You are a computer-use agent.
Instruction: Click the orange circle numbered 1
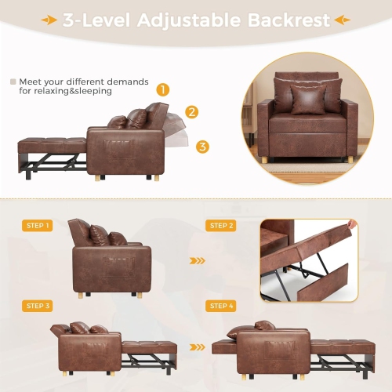tap(163, 89)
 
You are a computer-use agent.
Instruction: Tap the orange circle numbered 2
tap(192, 112)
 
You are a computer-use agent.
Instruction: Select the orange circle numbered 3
tap(202, 147)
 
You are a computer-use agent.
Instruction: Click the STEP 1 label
tap(38, 226)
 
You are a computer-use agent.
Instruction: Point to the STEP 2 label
tap(221, 226)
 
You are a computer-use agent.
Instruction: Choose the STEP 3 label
tap(38, 306)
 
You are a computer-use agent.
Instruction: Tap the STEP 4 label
tap(221, 306)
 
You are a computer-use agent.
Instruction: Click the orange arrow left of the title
tap(49, 20)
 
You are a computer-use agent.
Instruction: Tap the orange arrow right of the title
tap(343, 20)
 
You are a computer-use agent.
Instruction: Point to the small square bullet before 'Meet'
tap(13, 81)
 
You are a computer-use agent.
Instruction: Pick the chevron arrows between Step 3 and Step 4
tap(198, 345)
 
